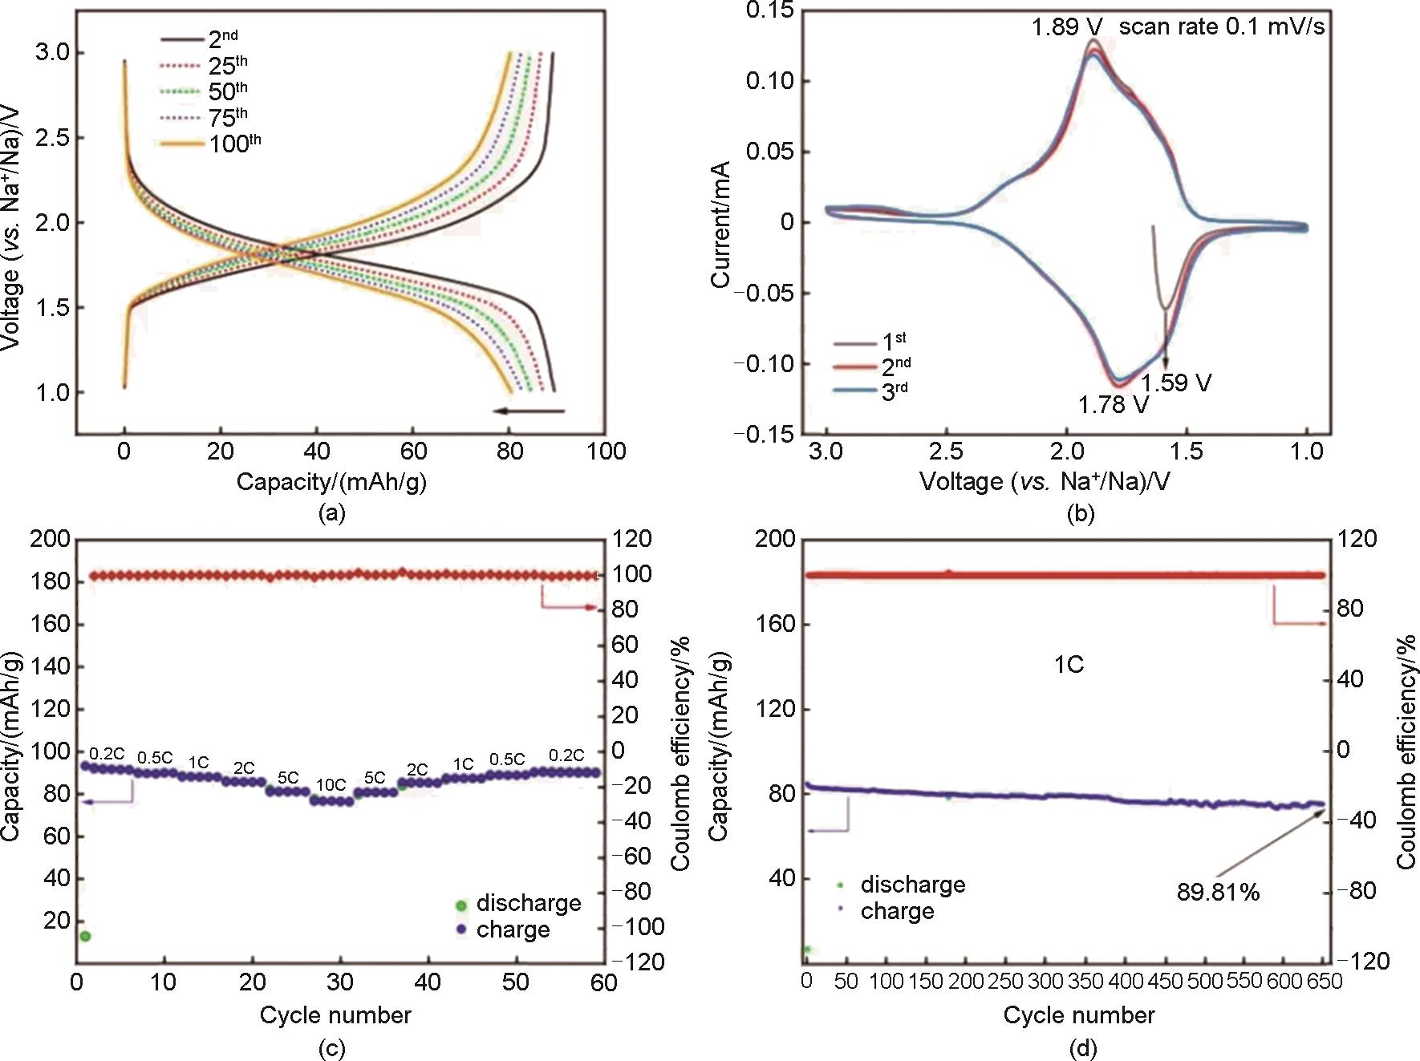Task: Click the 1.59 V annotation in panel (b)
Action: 1176,383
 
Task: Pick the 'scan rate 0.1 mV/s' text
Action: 1221,27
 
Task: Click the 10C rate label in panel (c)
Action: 331,784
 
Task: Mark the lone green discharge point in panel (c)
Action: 84,936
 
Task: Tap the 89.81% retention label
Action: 1218,892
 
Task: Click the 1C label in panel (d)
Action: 1069,665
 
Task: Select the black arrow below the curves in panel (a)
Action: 529,411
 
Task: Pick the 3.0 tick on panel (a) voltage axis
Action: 55,53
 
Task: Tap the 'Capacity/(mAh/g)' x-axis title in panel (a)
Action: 331,482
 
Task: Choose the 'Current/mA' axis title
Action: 720,224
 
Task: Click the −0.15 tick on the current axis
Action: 764,434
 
